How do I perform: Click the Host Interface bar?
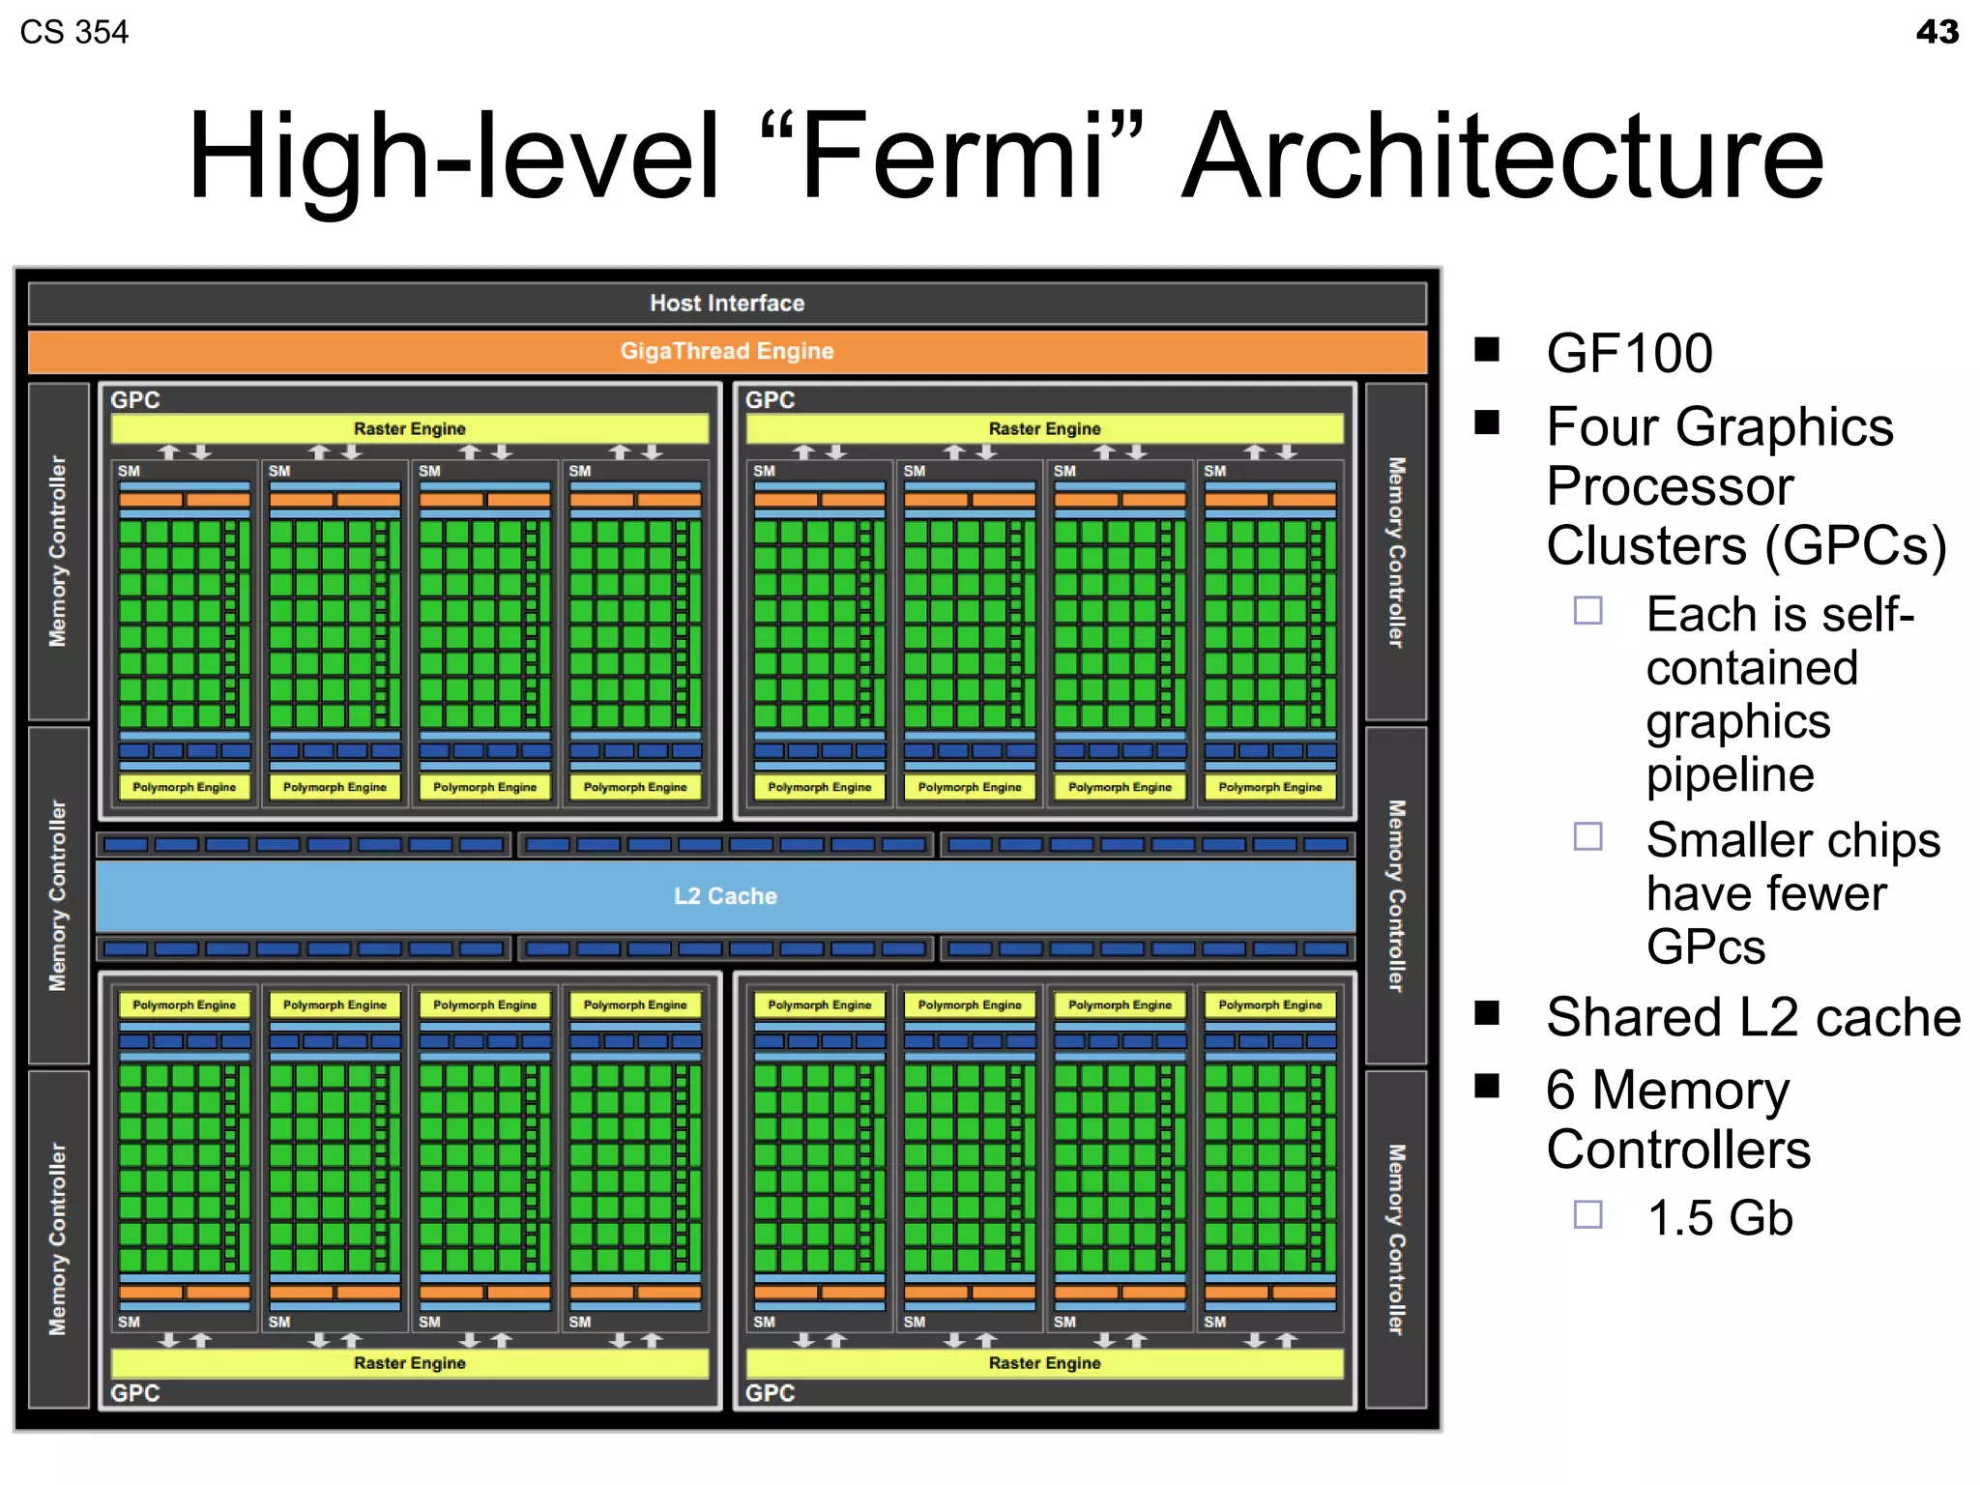727,304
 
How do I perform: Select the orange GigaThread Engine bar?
727,351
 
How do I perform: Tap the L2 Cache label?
725,896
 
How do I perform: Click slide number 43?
1936,32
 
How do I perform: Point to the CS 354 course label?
73,32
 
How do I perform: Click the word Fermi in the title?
952,157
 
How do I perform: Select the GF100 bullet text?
1629,353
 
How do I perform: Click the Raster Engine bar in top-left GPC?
409,428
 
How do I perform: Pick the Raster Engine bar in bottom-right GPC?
1044,1363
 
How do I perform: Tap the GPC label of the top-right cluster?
770,400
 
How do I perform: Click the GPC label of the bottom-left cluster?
134,1393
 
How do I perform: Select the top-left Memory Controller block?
59,551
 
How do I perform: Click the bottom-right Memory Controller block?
1396,1239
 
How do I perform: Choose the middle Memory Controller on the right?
1396,895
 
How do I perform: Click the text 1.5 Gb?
1719,1218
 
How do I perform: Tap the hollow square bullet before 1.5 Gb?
1587,1214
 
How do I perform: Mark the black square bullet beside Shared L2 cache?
1487,1012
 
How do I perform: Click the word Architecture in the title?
1503,157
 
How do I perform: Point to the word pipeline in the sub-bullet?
1730,774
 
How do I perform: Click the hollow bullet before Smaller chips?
1587,836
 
